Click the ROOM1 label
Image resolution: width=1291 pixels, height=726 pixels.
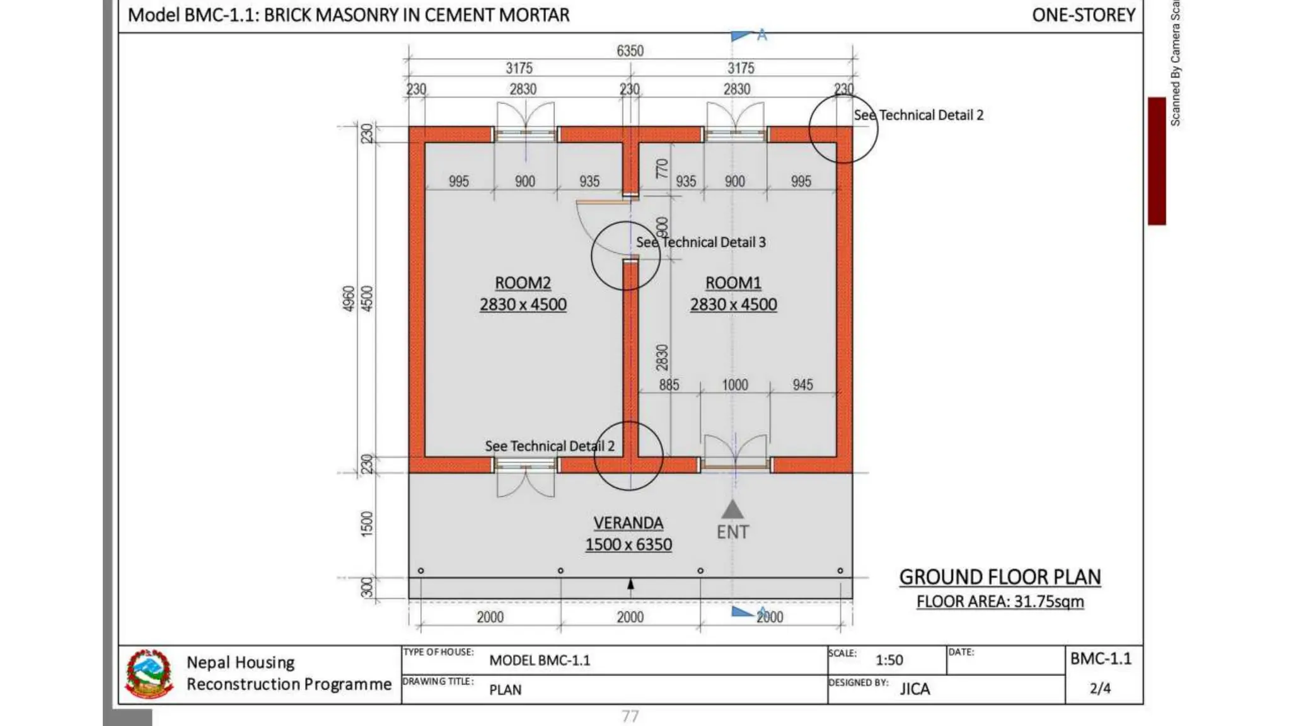[733, 283]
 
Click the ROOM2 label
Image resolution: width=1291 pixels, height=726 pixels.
[523, 283]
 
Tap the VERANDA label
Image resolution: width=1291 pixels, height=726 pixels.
[628, 523]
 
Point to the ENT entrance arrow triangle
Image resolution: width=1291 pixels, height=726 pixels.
[732, 509]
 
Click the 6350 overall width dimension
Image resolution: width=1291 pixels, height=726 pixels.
[630, 51]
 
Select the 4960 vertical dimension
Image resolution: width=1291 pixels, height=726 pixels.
[349, 299]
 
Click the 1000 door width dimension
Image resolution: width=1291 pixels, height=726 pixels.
[734, 385]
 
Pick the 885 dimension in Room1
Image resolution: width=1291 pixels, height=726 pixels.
[669, 385]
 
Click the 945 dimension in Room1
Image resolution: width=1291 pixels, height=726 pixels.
[802, 385]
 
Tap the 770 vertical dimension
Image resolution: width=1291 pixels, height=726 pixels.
[661, 168]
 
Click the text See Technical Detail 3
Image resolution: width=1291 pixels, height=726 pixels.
[700, 243]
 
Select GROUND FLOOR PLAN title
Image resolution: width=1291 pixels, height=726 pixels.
[1000, 577]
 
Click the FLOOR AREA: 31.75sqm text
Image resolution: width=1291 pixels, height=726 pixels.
[1000, 602]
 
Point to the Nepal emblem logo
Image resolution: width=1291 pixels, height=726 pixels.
[149, 674]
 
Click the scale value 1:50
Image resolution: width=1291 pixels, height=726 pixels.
[889, 660]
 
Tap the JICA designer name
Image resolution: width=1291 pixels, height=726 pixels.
[915, 689]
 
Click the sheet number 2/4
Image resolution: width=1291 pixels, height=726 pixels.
[1100, 688]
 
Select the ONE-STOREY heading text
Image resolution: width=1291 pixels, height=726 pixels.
[1083, 15]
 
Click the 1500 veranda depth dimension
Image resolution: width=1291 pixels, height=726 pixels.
[367, 524]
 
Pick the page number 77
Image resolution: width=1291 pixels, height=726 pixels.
[630, 716]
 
